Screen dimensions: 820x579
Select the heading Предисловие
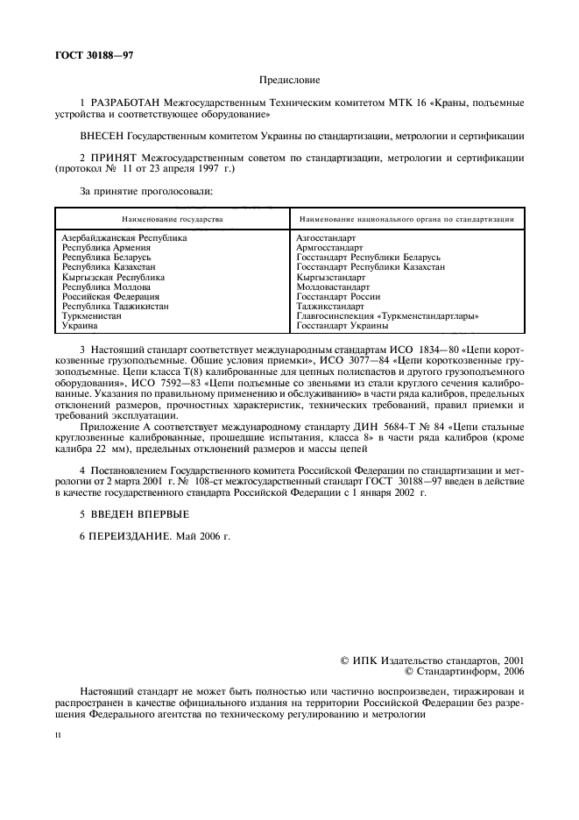[289, 79]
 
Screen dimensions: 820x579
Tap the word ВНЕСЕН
[102, 136]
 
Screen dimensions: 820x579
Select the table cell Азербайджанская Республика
[124, 237]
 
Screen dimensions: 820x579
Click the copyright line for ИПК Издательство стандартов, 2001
[434, 661]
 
